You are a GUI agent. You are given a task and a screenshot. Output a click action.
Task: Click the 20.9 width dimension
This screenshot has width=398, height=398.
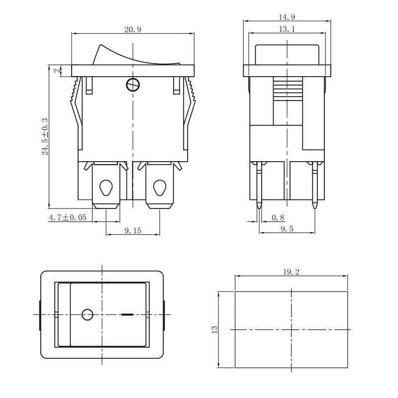coord(133,30)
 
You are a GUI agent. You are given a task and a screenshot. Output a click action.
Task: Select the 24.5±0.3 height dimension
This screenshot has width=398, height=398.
coord(45,137)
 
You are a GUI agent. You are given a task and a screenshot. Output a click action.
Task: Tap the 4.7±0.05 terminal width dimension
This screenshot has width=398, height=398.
coord(67,217)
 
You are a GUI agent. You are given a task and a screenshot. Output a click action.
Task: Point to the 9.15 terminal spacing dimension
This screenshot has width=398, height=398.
coord(133,230)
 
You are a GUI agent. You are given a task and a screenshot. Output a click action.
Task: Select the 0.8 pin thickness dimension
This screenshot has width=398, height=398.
coord(279,217)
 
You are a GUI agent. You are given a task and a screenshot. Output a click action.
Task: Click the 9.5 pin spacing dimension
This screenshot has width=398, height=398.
coord(287,229)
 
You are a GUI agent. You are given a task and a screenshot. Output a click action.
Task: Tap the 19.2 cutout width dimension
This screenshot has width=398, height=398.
coord(291,272)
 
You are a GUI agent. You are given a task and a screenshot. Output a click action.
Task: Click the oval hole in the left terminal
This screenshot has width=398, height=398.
coord(106,188)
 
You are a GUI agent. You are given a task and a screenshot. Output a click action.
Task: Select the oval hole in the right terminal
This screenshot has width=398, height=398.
coord(159,188)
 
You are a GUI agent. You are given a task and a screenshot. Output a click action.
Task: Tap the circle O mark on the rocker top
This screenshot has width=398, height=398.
coord(87,314)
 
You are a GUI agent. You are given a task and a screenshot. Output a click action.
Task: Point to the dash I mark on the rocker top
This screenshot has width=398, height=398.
coord(127,314)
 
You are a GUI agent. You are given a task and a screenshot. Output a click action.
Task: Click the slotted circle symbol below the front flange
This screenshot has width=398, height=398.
coord(132,85)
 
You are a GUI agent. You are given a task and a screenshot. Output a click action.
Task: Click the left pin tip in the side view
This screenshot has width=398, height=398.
coord(259,204)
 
